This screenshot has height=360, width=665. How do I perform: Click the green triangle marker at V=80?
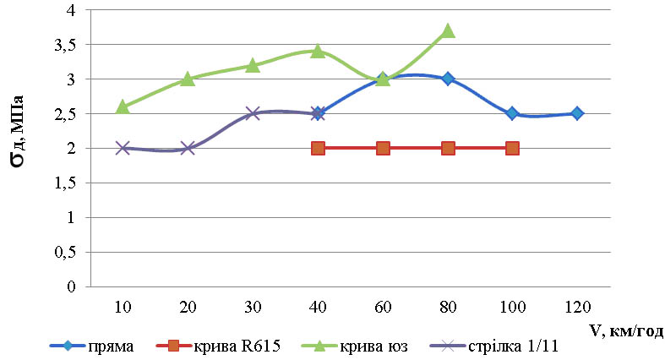coord(448,31)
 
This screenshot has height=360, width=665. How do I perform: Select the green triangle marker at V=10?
coord(123,106)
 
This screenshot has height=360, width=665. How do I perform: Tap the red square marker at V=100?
coord(512,148)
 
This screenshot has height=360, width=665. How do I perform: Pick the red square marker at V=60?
coord(383,148)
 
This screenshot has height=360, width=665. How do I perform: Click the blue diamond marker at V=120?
coord(577,113)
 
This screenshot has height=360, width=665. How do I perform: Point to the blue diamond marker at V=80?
coord(448,79)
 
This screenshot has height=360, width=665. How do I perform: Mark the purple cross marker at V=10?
coord(123,148)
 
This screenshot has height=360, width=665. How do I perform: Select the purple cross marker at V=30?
coord(253,113)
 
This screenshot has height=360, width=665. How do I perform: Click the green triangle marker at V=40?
coord(318,51)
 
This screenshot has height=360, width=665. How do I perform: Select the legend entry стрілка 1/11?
coord(516,345)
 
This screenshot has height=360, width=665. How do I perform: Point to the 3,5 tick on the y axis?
coord(65,45)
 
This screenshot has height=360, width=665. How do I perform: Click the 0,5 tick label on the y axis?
coord(65,253)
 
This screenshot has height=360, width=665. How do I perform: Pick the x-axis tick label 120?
coord(577,304)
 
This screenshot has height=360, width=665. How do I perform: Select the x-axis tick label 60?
coord(383,304)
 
